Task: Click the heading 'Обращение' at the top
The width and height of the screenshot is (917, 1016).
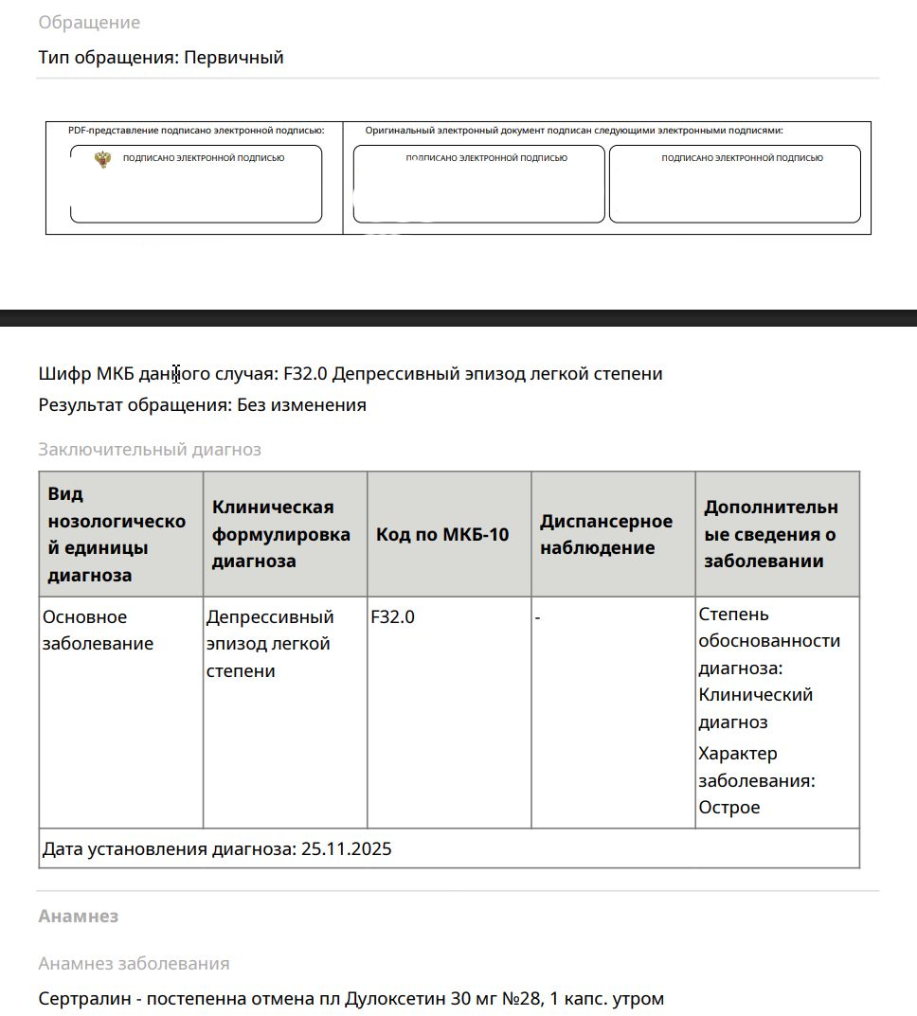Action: (89, 23)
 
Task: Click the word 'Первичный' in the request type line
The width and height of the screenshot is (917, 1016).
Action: (234, 58)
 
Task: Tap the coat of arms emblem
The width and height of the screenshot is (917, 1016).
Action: (102, 159)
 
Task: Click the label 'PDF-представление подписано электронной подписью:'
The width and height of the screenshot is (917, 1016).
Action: (196, 131)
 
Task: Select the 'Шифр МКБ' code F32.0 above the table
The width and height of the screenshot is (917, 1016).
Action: (305, 374)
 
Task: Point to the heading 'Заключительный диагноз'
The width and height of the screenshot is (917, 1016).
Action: (150, 450)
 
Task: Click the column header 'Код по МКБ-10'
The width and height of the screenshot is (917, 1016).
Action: (442, 535)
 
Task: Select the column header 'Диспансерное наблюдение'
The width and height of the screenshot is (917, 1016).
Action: (606, 535)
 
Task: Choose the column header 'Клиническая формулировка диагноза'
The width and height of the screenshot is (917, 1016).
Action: (280, 534)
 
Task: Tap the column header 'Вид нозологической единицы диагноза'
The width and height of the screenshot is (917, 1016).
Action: (117, 534)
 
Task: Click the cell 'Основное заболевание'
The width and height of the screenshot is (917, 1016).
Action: (98, 631)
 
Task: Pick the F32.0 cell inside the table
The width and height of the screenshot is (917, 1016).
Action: (392, 617)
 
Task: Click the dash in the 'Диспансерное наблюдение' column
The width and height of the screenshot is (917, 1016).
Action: (538, 617)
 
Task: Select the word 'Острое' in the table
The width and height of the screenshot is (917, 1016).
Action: (729, 808)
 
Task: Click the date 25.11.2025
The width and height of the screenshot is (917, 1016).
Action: (346, 849)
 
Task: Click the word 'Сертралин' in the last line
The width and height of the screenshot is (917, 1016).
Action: (83, 999)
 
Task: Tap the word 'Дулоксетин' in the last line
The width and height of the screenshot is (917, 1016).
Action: (392, 999)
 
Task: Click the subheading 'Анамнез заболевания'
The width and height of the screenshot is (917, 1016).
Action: (134, 964)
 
